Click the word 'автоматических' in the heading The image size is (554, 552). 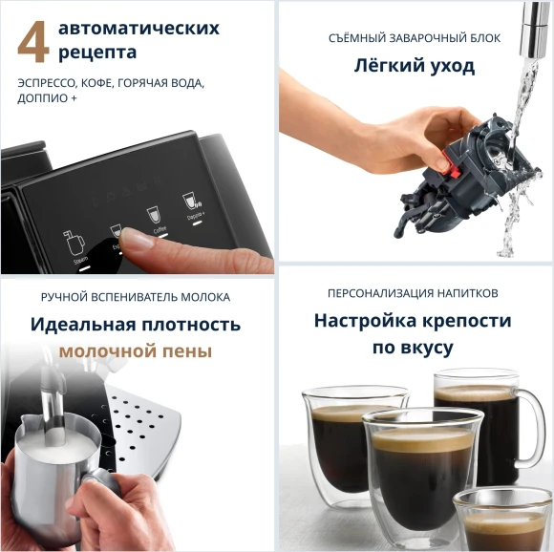coord(138,27)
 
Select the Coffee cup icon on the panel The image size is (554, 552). coord(152,215)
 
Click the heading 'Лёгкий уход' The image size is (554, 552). coord(414,66)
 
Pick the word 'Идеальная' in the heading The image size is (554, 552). coord(82,325)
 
